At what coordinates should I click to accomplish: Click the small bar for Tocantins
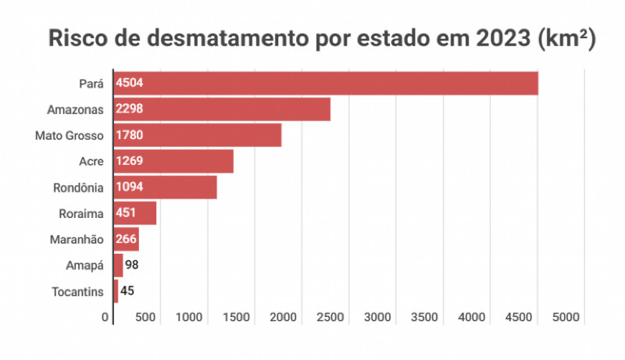tap(116, 291)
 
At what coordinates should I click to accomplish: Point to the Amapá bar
tap(118, 266)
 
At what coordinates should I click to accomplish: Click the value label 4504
tap(129, 83)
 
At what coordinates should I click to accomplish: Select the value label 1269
tap(129, 161)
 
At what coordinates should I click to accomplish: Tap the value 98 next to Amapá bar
tap(132, 266)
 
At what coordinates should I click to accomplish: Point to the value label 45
tap(127, 291)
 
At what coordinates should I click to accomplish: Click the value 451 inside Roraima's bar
tap(127, 213)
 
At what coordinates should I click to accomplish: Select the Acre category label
tap(91, 161)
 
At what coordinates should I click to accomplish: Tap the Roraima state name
tap(81, 213)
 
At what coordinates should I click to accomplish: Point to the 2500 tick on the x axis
tap(330, 317)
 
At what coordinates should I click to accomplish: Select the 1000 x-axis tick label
tap(189, 317)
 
